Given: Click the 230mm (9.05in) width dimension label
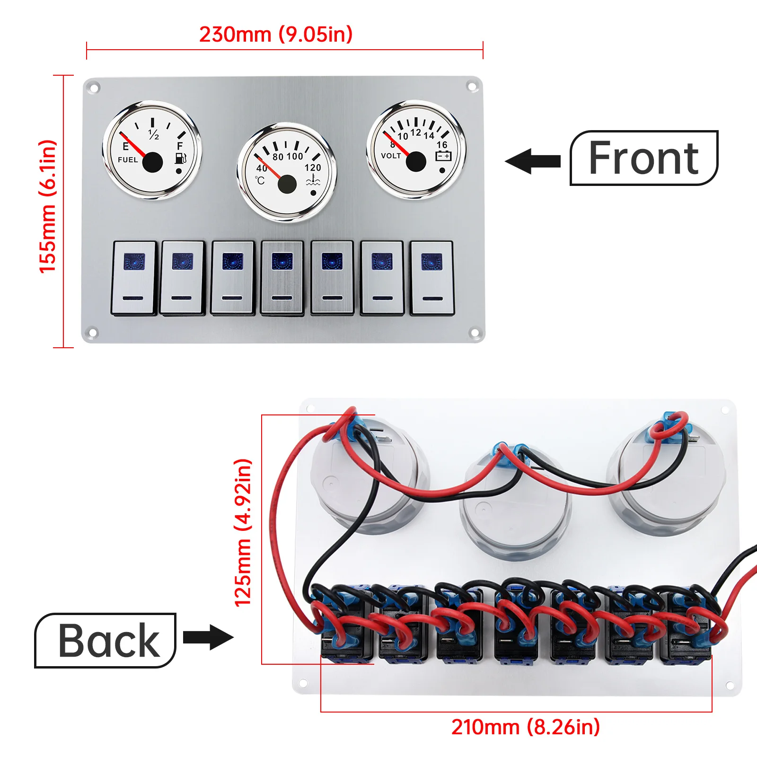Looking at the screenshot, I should tap(276, 35).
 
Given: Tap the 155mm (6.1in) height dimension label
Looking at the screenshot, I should tap(48, 207).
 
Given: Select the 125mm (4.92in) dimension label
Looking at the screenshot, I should tap(243, 533).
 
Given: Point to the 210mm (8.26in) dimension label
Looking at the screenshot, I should tap(525, 727).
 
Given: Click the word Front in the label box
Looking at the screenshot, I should tap(643, 158).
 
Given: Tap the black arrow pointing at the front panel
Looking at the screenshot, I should tap(533, 161).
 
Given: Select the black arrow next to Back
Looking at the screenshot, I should tap(208, 637).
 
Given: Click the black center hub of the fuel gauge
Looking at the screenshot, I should tap(152, 162).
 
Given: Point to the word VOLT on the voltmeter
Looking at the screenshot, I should tap(391, 156).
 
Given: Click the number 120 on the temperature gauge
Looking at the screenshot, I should tap(313, 167).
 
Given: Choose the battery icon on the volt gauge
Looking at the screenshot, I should tap(443, 156).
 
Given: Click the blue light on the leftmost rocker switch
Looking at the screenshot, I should tap(134, 262).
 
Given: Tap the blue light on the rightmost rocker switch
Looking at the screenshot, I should tap(431, 261).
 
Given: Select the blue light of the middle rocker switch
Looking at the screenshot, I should tap(282, 261).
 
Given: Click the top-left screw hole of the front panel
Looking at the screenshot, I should tap(94, 88).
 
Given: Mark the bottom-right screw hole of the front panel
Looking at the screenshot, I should tap(474, 334).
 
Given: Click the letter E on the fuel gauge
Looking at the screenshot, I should tap(125, 146).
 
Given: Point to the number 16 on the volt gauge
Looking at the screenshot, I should tap(442, 144).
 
